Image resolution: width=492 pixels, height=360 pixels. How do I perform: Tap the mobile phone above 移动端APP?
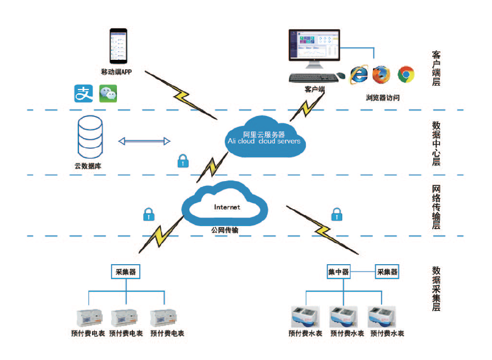tap(119, 46)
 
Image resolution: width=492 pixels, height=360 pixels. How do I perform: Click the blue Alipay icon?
tap(84, 94)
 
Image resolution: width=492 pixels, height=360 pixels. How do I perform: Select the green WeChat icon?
tap(108, 94)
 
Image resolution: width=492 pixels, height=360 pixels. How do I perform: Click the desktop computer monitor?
tap(314, 48)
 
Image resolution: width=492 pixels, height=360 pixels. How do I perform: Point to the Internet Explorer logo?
tap(359, 75)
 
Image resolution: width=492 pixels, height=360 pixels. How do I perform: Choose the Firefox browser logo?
tap(381, 75)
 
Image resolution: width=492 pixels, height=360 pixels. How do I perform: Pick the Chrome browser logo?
tap(406, 75)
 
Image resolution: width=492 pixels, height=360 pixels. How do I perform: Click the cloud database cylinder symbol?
tap(90, 137)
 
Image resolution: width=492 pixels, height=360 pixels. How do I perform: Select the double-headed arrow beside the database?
tap(144, 141)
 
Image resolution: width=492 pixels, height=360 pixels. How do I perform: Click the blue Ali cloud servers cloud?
tap(265, 137)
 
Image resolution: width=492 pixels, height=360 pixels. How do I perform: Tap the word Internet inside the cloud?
tap(227, 207)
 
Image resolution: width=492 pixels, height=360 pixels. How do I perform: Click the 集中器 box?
tap(339, 272)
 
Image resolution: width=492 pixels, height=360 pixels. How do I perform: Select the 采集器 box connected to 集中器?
tap(387, 272)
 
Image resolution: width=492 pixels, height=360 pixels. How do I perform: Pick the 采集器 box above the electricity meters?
tap(125, 272)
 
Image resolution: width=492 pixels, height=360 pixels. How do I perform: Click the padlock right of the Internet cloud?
tap(336, 214)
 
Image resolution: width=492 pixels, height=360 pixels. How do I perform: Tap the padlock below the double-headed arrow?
tap(183, 161)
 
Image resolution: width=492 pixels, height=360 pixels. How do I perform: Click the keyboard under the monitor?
tap(314, 78)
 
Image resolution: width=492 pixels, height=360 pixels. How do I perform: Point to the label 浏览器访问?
tap(383, 98)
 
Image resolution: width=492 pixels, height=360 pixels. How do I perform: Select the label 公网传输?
tap(225, 230)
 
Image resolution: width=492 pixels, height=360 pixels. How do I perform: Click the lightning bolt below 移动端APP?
tap(181, 95)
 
